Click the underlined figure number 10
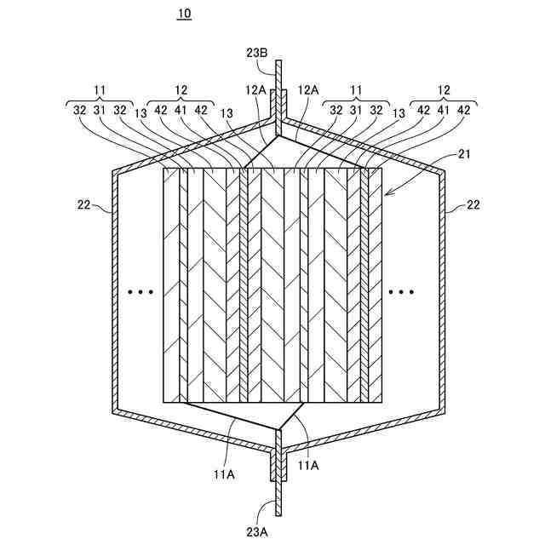(x=185, y=14)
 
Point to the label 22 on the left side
(x=83, y=205)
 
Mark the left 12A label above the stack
(x=255, y=89)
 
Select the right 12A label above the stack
(x=307, y=89)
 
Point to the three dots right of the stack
(x=401, y=292)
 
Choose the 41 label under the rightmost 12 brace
(x=443, y=110)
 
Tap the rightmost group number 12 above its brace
(x=443, y=88)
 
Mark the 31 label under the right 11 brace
(x=356, y=110)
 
